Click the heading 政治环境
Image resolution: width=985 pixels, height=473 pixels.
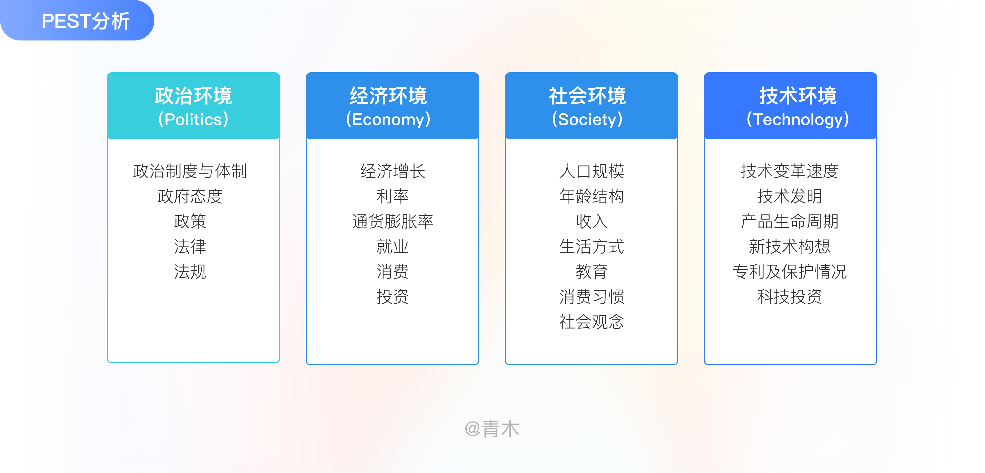[193, 96]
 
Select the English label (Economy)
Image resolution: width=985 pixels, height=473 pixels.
[388, 120]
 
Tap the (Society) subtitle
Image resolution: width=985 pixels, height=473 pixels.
[587, 120]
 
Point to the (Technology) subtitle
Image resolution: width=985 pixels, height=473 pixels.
[798, 120]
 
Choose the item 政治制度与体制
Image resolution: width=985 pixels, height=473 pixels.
[190, 171]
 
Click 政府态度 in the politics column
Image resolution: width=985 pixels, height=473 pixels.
[190, 196]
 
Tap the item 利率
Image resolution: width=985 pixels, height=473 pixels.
[392, 196]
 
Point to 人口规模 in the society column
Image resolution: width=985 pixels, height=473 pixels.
[592, 171]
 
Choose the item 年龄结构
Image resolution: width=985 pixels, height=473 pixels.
[592, 196]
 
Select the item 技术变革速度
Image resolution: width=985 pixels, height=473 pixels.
[790, 171]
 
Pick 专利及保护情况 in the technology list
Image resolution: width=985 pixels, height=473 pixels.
[790, 272]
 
